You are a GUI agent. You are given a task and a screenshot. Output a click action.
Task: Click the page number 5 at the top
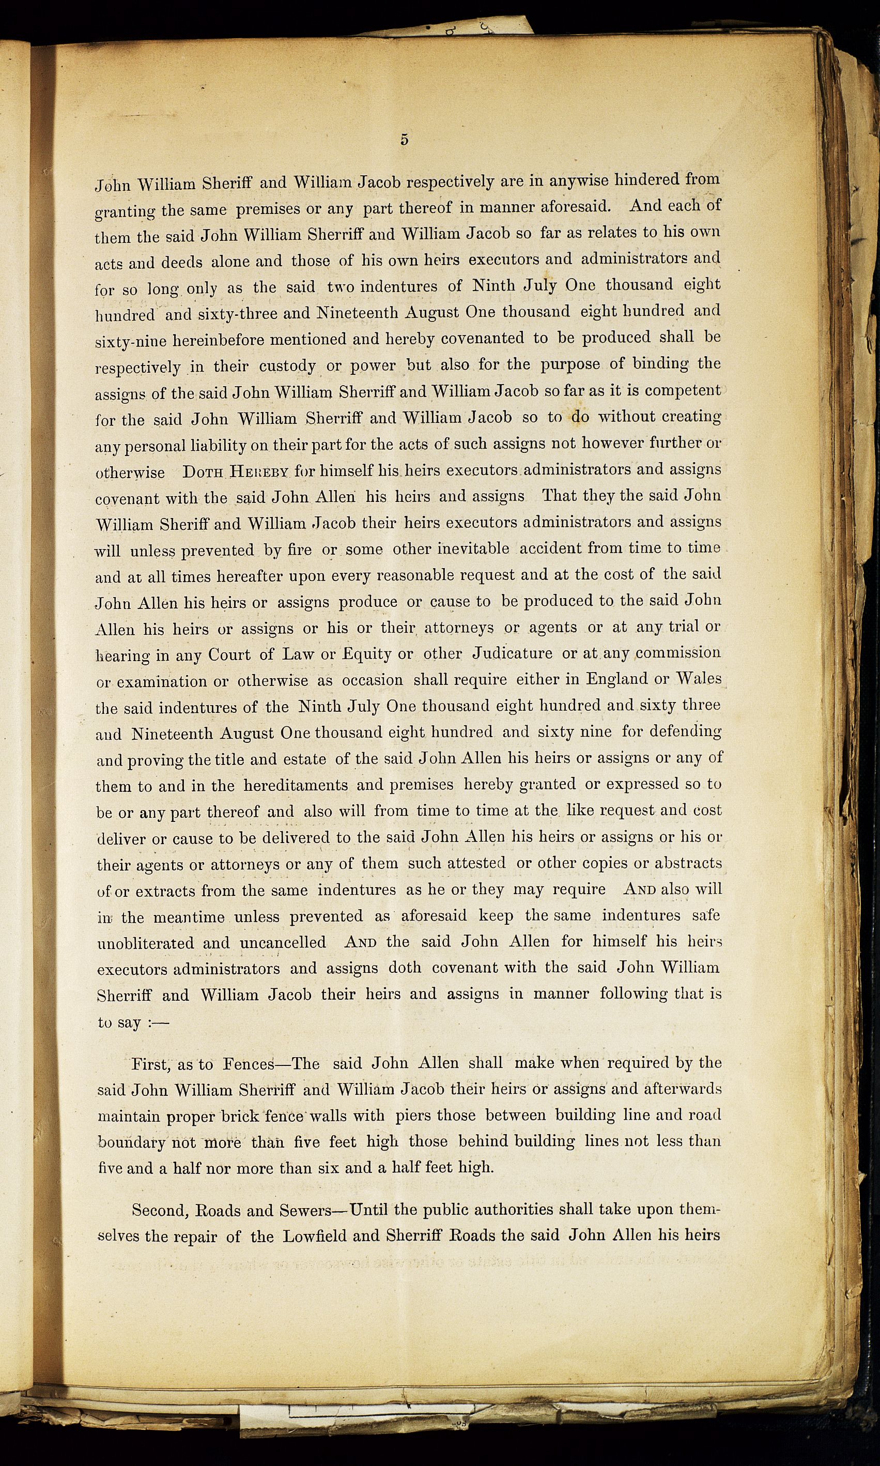coord(404,140)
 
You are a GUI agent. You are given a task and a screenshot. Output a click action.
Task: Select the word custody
coord(287,366)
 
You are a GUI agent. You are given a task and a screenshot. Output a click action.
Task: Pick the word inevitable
coord(473,548)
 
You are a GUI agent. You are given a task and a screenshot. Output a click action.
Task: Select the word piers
coord(413,1116)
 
